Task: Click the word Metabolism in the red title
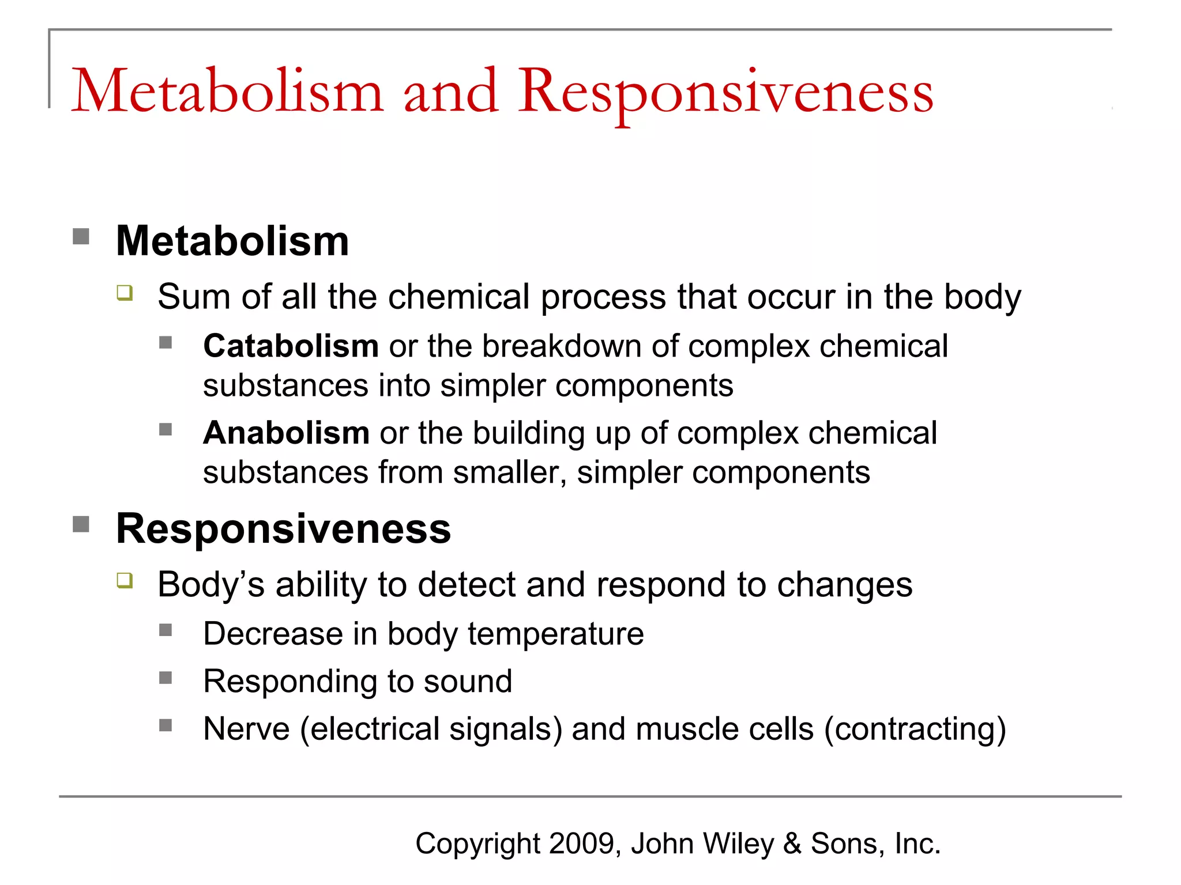coord(227,91)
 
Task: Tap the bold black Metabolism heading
coord(232,241)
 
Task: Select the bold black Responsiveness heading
coord(283,528)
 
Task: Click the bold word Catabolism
coord(291,346)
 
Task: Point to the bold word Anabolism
coord(286,433)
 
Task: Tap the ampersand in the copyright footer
coord(792,844)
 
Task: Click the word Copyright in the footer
coord(477,844)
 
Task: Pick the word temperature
coord(555,634)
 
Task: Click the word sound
coord(468,682)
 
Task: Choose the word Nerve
coord(246,729)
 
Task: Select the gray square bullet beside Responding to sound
coord(166,678)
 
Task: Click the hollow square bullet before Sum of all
coord(125,293)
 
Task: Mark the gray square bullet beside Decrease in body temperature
coord(166,630)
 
